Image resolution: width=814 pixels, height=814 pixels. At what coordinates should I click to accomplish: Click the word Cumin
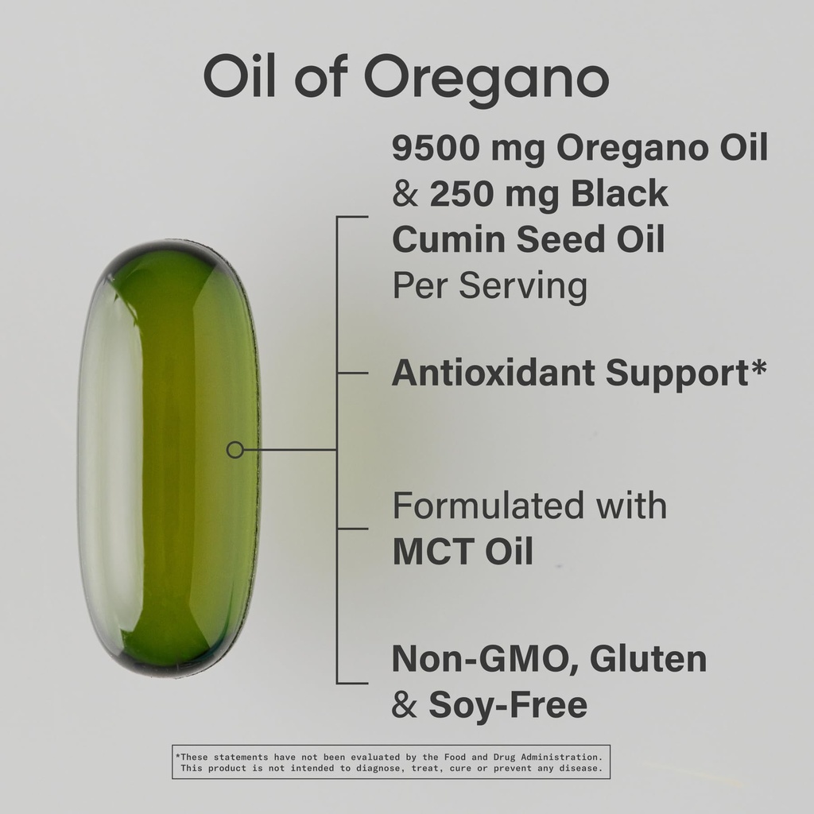pyautogui.click(x=448, y=239)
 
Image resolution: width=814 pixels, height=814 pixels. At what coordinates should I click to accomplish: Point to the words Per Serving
pyautogui.click(x=490, y=286)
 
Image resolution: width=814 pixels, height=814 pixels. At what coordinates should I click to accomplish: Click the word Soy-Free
pyautogui.click(x=508, y=706)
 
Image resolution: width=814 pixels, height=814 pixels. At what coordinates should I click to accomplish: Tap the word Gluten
pyautogui.click(x=649, y=658)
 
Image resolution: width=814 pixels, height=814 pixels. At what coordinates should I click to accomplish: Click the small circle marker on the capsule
pyautogui.click(x=235, y=450)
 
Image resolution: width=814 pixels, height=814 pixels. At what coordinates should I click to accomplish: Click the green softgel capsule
pyautogui.click(x=169, y=459)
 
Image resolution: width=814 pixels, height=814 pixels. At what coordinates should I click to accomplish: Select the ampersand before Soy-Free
pyautogui.click(x=405, y=705)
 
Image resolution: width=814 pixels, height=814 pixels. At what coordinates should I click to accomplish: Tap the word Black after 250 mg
pyautogui.click(x=619, y=193)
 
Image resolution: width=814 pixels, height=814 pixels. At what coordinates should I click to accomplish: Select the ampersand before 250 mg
pyautogui.click(x=405, y=194)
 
